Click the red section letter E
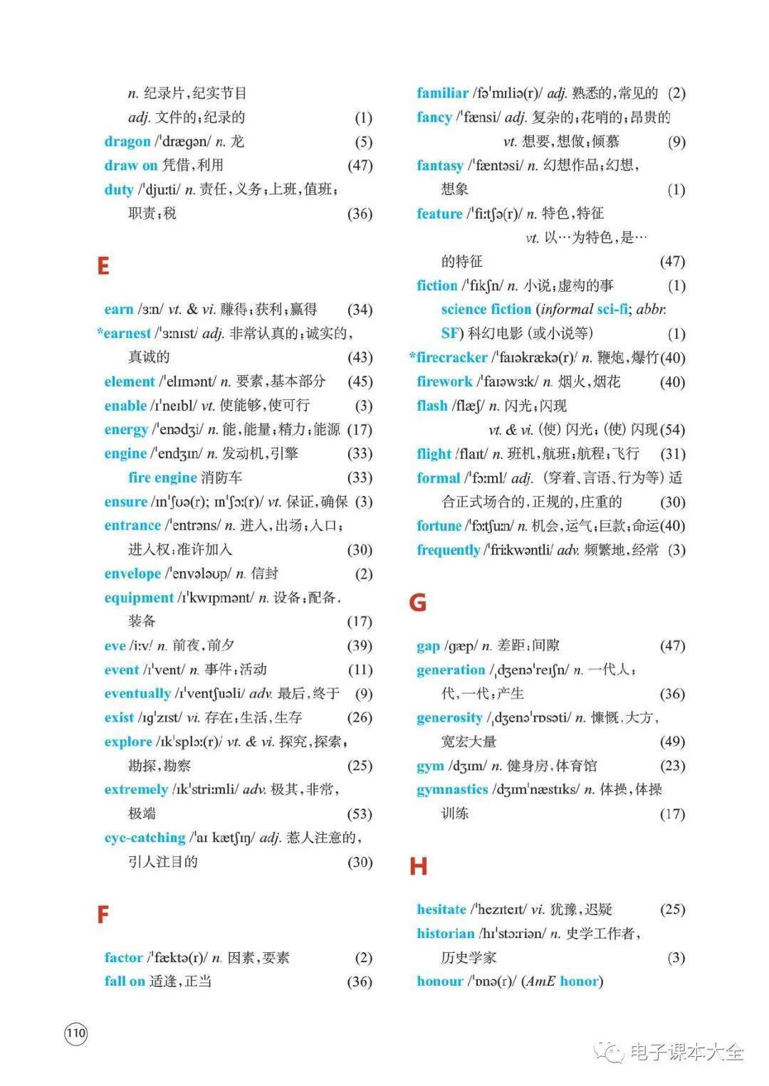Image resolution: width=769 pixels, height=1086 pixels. (103, 265)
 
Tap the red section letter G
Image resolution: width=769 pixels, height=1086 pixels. (418, 603)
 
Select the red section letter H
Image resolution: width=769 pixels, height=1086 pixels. (418, 866)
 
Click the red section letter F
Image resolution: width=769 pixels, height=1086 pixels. (103, 914)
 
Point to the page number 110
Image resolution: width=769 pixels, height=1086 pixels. (75, 1033)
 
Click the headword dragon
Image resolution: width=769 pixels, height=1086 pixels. (127, 141)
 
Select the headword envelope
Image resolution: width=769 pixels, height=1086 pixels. (132, 574)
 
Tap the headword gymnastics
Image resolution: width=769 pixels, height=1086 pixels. (452, 789)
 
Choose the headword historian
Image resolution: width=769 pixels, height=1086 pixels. (445, 933)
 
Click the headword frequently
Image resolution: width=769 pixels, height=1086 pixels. (448, 549)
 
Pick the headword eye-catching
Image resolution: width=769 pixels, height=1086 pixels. (145, 838)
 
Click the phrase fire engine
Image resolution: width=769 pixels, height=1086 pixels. (162, 478)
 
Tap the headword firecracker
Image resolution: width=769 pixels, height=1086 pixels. (452, 357)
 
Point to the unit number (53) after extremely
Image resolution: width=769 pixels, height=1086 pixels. (360, 813)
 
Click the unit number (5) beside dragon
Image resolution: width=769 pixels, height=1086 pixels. (363, 142)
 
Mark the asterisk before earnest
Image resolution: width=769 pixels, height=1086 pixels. (100, 332)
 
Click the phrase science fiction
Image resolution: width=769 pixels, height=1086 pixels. (486, 309)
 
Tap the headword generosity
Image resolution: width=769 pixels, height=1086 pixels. (449, 717)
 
